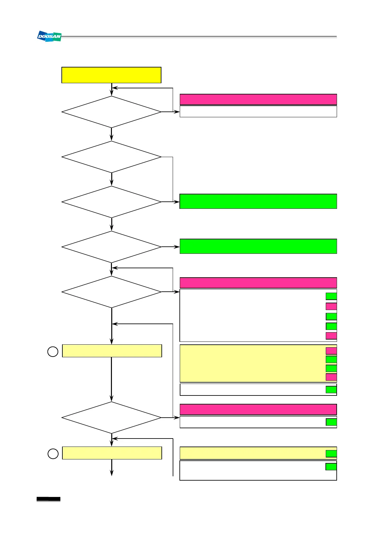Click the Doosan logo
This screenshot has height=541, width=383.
[49, 36]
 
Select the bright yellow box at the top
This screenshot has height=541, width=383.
[111, 75]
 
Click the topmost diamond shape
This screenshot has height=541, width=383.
[111, 112]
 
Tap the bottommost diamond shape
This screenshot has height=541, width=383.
[111, 418]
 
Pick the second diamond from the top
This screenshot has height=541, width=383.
[111, 157]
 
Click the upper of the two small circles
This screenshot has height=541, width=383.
[53, 351]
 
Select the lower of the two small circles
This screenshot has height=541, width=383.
[53, 454]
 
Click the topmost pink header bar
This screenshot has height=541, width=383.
[258, 100]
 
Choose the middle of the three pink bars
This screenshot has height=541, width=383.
[258, 283]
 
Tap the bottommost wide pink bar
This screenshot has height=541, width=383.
[258, 409]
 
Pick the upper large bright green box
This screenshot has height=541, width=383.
[258, 201]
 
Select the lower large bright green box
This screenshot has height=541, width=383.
[258, 246]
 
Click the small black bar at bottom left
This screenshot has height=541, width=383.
[48, 499]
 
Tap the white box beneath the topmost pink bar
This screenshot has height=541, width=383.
[258, 111]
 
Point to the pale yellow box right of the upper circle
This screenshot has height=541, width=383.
[112, 351]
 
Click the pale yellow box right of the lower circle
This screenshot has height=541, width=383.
[112, 453]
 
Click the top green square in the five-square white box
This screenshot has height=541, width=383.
[331, 296]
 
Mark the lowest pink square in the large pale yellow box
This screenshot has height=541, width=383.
[331, 377]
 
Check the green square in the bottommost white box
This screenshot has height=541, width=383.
[331, 467]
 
